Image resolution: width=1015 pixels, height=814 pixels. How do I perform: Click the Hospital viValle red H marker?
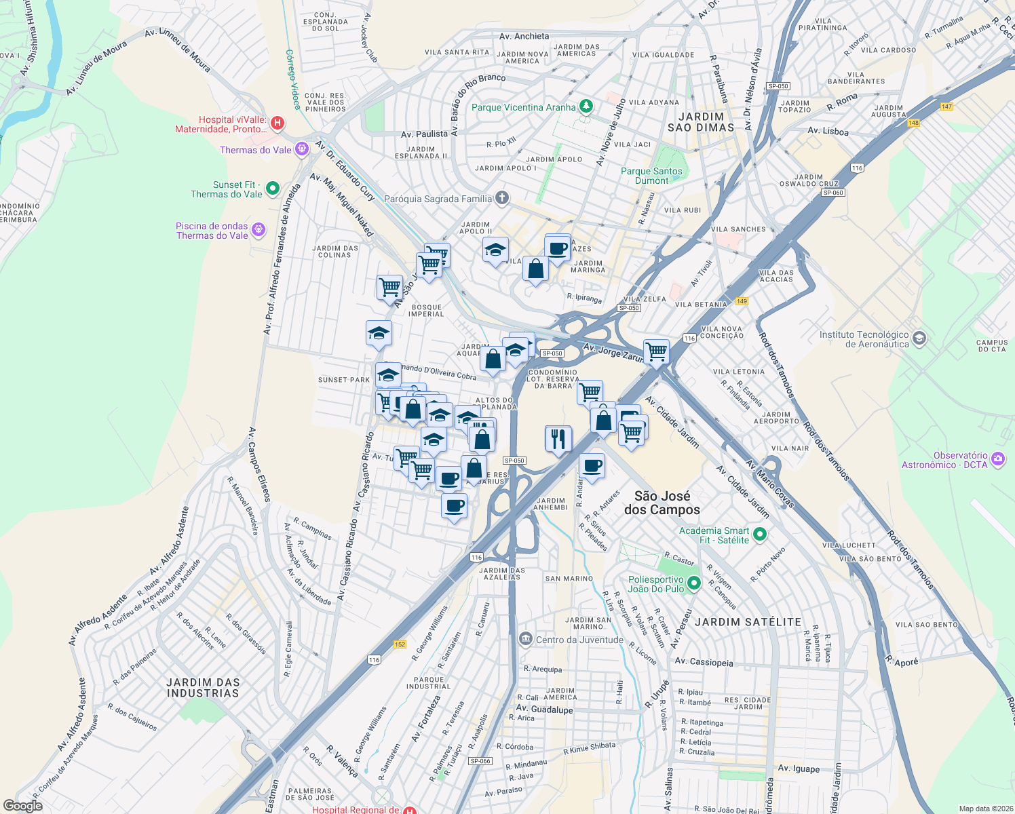277,123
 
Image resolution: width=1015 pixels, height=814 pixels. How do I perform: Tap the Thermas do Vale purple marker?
302,149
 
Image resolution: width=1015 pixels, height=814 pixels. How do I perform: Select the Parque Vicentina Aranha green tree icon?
586,106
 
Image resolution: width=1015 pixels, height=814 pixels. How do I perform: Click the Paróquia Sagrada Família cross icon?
501,198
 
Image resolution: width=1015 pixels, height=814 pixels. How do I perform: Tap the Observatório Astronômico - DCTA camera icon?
997,459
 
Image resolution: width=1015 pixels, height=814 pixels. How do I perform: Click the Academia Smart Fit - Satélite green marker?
759,535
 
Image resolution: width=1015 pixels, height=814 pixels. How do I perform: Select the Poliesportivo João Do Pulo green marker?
693,583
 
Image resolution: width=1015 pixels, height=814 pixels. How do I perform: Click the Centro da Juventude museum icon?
525,639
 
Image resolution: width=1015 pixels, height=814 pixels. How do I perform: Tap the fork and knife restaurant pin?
558,439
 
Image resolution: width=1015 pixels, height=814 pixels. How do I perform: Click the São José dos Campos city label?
662,503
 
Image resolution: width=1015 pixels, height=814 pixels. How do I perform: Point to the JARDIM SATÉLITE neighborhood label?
748,621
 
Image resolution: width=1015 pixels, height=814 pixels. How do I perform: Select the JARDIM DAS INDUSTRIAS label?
203,687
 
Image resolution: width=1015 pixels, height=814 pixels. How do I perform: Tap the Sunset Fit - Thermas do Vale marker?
272,189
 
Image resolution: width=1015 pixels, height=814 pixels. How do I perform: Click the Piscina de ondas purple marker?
258,230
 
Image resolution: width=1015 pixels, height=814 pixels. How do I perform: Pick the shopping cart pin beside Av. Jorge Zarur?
656,352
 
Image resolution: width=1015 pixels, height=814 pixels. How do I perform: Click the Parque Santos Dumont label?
651,176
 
